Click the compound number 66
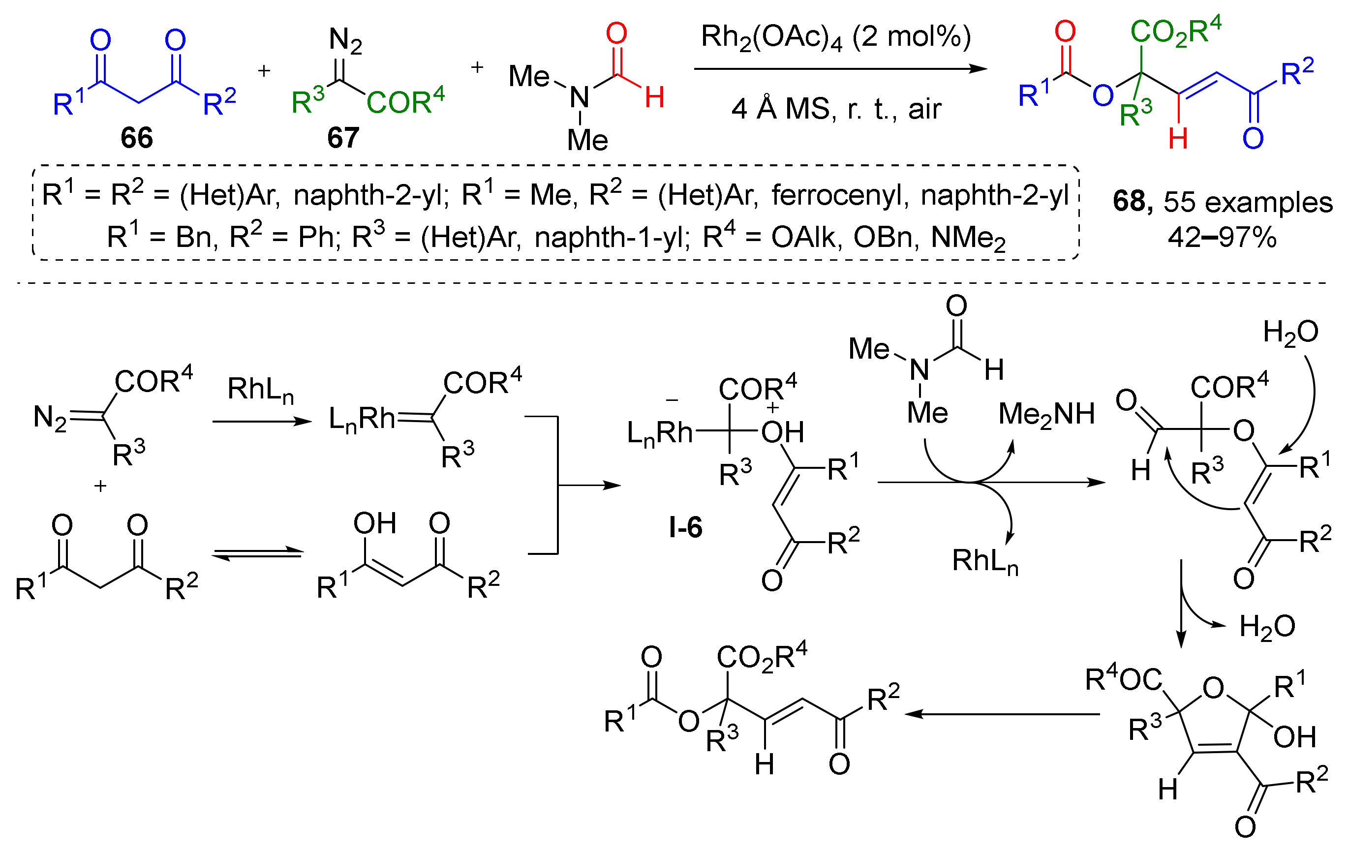pos(137,138)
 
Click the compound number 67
pos(343,138)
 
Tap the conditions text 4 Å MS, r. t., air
pos(836,109)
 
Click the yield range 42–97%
pos(1222,238)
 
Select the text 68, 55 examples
pos(1222,202)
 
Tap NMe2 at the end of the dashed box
pos(968,239)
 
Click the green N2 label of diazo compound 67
pos(345,40)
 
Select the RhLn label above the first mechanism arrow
pos(260,389)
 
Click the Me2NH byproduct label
pos(1046,415)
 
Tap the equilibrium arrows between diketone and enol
pos(258,553)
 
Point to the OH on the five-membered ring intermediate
pos(1294,737)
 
